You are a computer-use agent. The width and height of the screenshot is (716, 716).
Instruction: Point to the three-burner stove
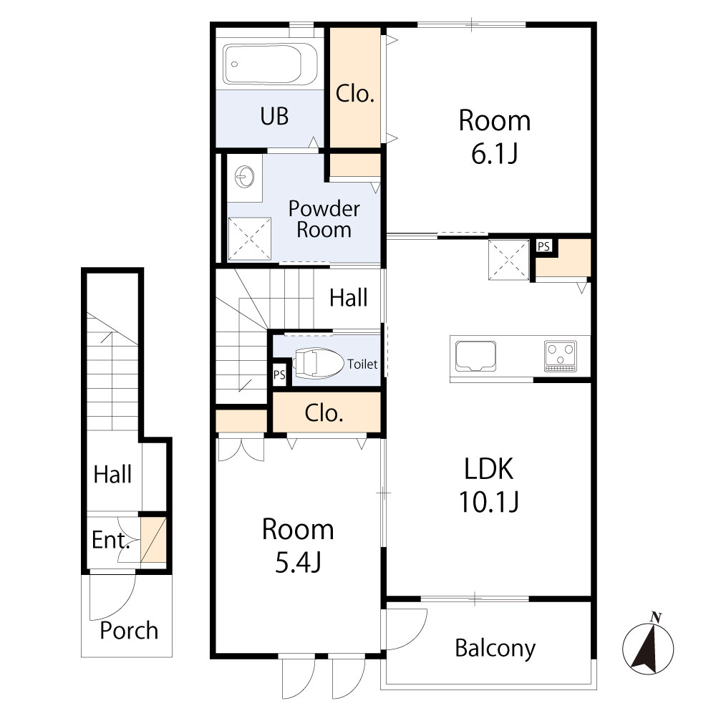(561, 356)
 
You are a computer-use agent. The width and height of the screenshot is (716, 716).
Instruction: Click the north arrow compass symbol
(648, 647)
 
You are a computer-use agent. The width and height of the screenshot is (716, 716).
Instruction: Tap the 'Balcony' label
(495, 648)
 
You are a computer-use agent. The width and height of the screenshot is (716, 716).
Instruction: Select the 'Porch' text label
(128, 631)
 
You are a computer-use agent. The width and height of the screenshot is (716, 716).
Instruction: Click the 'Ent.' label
(110, 540)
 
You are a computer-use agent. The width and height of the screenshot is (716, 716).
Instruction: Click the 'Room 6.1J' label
(495, 136)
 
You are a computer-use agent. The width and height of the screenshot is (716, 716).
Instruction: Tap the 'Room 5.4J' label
(297, 545)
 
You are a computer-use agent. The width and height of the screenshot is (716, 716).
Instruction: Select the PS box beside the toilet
(279, 374)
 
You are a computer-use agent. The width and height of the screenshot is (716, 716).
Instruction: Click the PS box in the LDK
(543, 246)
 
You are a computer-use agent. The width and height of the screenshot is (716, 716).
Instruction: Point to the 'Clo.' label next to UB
(355, 94)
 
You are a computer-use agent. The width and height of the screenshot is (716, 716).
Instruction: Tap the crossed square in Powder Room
(250, 238)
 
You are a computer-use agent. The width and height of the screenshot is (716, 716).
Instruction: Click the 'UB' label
(274, 116)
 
